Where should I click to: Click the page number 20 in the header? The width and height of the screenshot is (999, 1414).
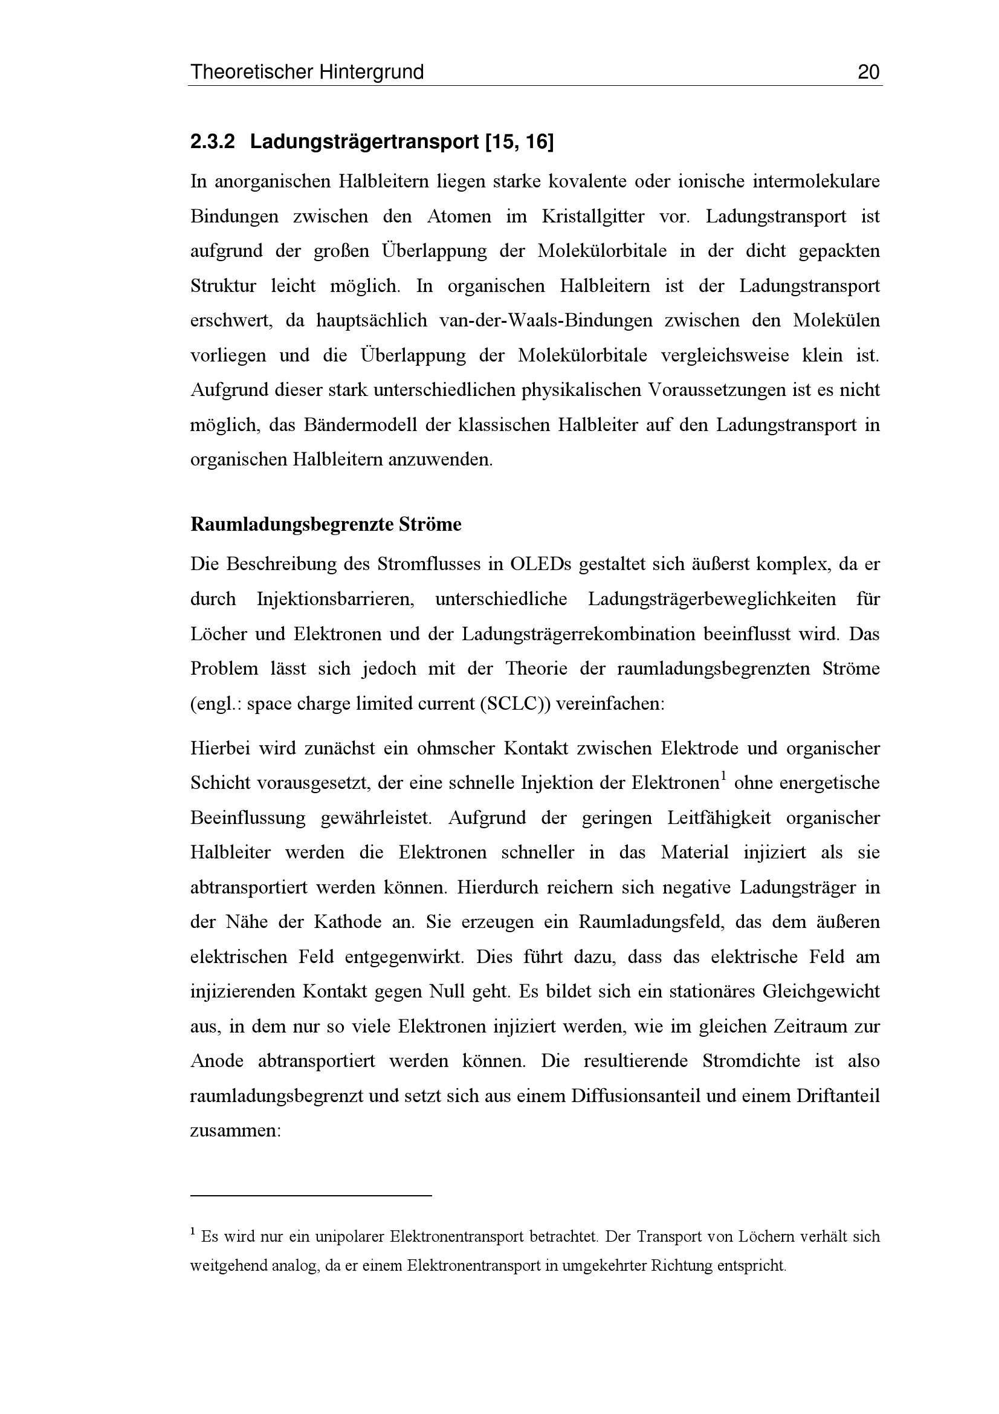coord(868,73)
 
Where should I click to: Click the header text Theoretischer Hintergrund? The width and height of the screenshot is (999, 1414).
coord(306,73)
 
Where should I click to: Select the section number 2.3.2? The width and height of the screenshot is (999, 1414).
coord(212,142)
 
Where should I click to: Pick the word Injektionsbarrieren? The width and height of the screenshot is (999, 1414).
coord(335,599)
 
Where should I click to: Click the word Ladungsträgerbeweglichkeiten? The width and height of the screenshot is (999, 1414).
coord(711,599)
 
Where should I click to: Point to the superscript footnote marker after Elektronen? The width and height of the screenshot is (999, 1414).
coord(724,777)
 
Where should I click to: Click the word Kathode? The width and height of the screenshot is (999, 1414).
coord(348,923)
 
